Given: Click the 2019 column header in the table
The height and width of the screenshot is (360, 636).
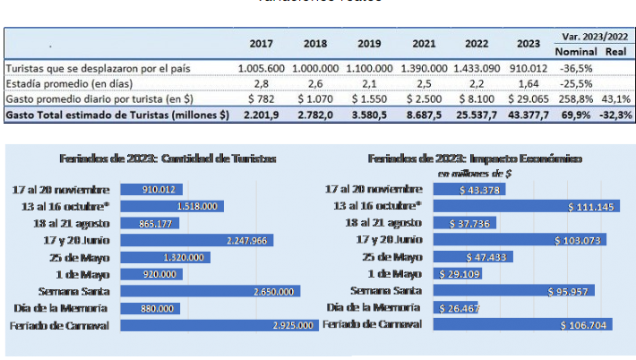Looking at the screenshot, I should (x=369, y=44).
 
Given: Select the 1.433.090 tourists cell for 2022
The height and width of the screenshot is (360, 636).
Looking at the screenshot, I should (x=476, y=68).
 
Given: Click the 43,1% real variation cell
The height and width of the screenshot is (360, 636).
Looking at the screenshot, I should (x=615, y=99).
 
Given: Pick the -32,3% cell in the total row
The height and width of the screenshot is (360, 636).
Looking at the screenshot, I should (x=615, y=115).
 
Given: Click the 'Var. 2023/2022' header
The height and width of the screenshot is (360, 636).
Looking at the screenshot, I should (x=593, y=36).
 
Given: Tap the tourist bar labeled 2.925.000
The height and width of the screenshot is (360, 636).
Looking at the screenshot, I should (x=219, y=325).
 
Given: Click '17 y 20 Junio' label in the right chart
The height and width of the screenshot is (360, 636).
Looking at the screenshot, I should (x=389, y=240).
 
